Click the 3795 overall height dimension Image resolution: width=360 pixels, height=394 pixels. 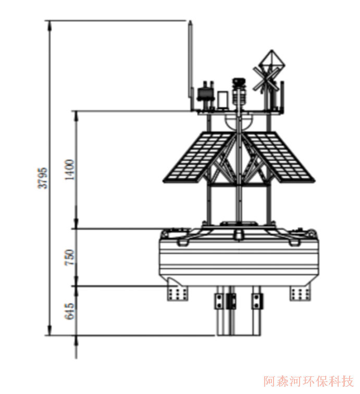coord(43,178)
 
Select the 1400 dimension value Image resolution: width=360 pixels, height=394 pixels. coord(70,170)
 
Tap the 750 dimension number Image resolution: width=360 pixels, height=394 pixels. coord(70,257)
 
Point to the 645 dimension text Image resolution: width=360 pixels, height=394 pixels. coord(70,311)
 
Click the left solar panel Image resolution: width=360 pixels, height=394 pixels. coord(198,157)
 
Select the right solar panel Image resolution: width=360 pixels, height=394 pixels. coord(280,157)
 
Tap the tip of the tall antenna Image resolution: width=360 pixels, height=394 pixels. coord(190,21)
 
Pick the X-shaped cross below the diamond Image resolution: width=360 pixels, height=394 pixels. coord(267,79)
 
